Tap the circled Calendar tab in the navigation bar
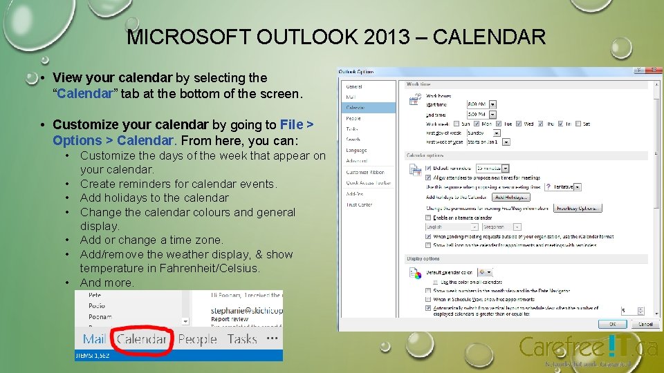point(142,339)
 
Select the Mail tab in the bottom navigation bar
point(95,339)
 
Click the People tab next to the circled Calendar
point(197,339)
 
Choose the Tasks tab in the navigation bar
point(242,339)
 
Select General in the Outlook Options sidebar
point(354,86)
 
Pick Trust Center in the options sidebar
point(359,204)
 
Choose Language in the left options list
point(356,150)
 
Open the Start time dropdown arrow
point(492,104)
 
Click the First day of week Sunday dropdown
point(488,133)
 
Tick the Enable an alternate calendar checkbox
point(427,218)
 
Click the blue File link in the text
point(292,125)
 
